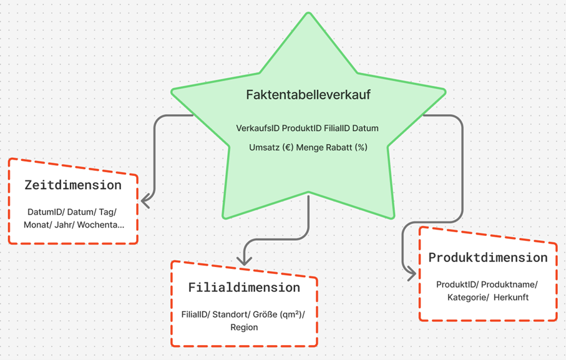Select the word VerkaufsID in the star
258,129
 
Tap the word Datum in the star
365,129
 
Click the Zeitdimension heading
73,185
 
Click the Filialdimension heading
244,288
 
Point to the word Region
244,328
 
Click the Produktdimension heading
488,257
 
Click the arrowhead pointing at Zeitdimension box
145,202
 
